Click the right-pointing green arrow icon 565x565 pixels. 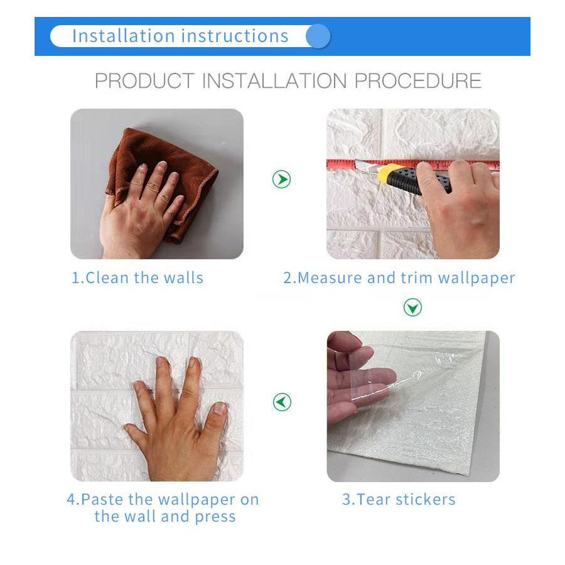[x=282, y=180]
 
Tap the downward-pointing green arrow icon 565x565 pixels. [x=412, y=308]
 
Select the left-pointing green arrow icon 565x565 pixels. [x=282, y=402]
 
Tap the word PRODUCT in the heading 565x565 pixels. [x=144, y=81]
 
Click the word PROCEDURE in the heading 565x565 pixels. [x=418, y=81]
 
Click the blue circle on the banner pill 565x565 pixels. [x=318, y=36]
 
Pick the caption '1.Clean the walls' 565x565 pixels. [x=137, y=278]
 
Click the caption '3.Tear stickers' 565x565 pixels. [x=399, y=500]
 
